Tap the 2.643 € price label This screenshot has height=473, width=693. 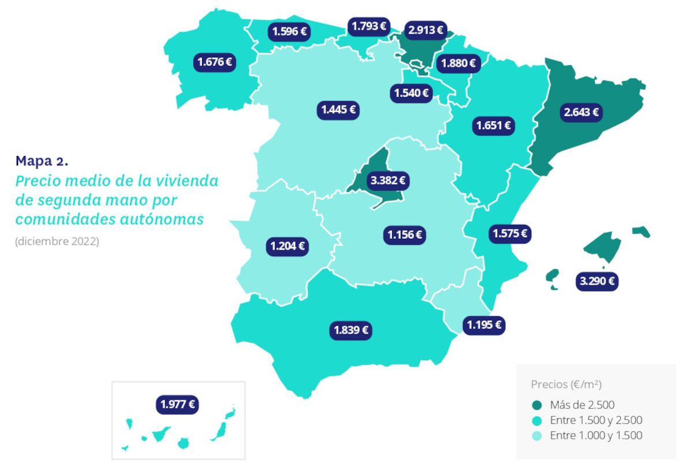[x=581, y=112]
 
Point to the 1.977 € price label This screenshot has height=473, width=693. [x=177, y=404]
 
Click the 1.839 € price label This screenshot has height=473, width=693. [x=351, y=330]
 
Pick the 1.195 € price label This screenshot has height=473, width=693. [x=484, y=324]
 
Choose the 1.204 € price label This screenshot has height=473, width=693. [x=288, y=246]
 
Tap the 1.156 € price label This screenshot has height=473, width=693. [x=404, y=235]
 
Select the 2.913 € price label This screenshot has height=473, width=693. [x=426, y=29]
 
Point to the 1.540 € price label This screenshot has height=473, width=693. [x=411, y=93]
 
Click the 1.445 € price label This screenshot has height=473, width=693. [x=338, y=109]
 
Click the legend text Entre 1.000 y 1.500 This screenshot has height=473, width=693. [x=597, y=435]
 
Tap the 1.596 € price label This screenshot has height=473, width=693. [x=289, y=31]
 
